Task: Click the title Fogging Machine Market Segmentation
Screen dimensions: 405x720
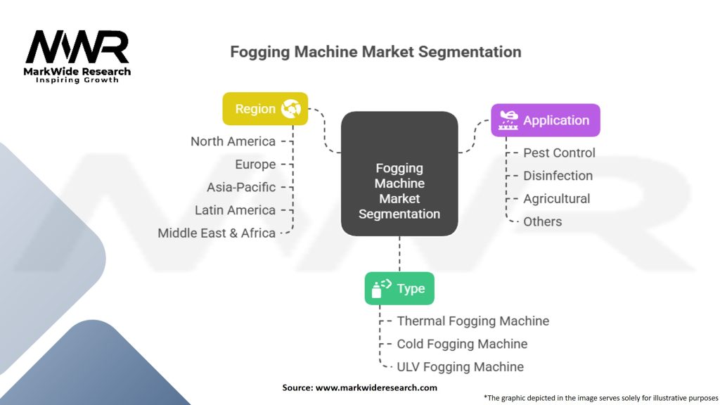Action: [x=376, y=52]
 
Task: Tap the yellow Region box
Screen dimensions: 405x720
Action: [x=265, y=109]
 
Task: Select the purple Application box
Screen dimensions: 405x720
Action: [x=545, y=120]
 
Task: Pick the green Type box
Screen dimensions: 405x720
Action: [x=399, y=288]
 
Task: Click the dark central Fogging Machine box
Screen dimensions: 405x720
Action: [x=399, y=173]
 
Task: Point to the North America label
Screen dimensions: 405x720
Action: [x=233, y=141]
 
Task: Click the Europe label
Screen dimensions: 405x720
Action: [x=255, y=165]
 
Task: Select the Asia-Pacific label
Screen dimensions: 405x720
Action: [x=241, y=187]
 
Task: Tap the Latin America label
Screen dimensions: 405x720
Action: [x=235, y=210]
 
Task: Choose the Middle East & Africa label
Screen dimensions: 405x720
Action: [x=217, y=233]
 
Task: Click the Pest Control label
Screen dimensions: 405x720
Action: [x=559, y=153]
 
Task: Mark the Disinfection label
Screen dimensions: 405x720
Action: [x=558, y=176]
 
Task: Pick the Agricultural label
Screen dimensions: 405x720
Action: [x=556, y=199]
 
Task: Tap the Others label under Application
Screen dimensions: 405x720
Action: [x=542, y=221]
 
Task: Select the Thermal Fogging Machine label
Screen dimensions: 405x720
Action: [x=472, y=321]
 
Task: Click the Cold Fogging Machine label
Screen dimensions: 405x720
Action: [x=462, y=344]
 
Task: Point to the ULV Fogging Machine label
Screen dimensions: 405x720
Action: [x=460, y=366]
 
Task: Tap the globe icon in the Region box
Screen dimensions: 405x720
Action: [x=290, y=109]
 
